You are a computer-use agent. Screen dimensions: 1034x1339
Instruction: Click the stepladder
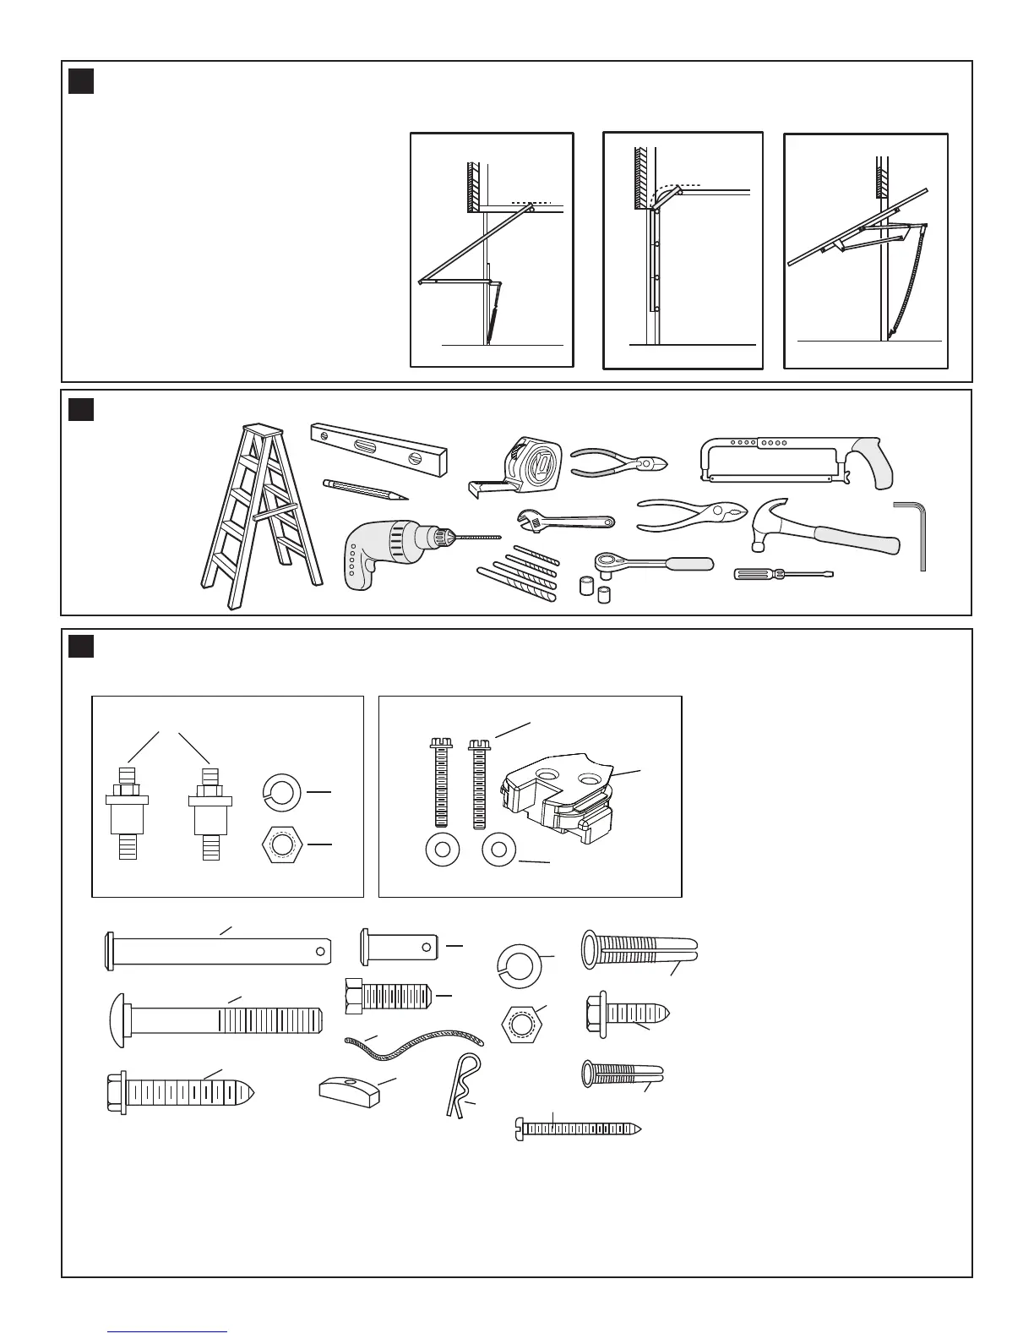[x=258, y=516]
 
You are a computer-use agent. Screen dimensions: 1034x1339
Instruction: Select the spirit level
[x=378, y=448]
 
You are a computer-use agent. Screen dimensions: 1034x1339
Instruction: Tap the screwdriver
[x=781, y=575]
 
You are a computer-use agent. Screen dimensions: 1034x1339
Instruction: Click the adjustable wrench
[x=564, y=522]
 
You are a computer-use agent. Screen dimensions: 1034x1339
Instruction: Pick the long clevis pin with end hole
[x=215, y=948]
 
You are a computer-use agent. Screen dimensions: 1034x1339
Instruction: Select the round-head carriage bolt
[x=215, y=1013]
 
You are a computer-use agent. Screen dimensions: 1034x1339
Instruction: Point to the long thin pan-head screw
[x=578, y=1128]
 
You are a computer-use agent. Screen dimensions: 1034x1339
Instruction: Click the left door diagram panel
[x=492, y=249]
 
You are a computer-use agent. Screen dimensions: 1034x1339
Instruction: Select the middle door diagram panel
[x=683, y=250]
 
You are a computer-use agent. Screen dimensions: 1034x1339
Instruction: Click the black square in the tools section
[x=81, y=410]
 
